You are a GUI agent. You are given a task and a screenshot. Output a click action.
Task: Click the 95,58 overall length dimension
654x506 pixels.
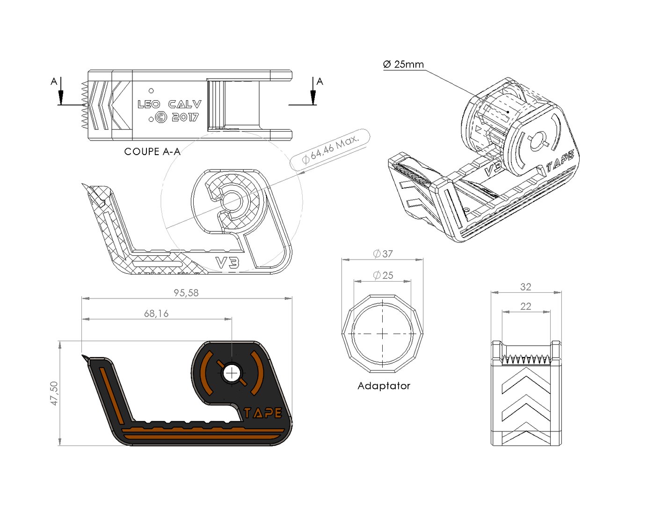[x=186, y=293]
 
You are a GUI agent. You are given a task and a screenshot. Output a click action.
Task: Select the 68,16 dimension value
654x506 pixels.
[x=156, y=313]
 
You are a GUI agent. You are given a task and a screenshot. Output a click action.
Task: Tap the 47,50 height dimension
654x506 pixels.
[x=54, y=393]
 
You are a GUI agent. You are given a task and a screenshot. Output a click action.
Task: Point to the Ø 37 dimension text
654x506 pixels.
[x=383, y=254]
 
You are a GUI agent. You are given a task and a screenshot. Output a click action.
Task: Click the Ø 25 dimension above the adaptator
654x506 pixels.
[x=383, y=275]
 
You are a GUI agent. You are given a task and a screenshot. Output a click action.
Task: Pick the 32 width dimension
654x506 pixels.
[x=526, y=287]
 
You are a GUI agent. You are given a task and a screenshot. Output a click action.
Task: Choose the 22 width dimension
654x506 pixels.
[x=526, y=306]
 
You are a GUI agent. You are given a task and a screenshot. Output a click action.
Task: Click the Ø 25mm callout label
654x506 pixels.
[x=403, y=64]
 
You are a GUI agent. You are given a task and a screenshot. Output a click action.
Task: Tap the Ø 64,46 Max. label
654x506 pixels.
[x=330, y=149]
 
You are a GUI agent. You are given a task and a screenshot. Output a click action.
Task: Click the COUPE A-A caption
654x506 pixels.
[x=152, y=151]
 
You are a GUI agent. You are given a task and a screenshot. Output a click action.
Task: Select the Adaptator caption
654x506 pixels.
[x=384, y=386]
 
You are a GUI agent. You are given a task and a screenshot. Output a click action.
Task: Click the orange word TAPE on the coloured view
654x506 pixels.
[x=263, y=413]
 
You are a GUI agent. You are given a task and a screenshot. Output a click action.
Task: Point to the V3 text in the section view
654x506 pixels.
[x=227, y=262]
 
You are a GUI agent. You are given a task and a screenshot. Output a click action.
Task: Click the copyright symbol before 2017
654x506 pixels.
[x=160, y=117]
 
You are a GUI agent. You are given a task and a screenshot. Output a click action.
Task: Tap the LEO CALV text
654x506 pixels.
[x=169, y=104]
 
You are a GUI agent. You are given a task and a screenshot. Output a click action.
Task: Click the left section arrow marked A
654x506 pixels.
[x=60, y=94]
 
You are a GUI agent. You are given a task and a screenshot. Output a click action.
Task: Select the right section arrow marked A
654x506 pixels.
[x=313, y=94]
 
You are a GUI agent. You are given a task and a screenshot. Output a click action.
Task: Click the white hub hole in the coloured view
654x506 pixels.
[x=232, y=373]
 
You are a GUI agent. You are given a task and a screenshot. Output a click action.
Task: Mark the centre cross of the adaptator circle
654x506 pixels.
[x=383, y=334]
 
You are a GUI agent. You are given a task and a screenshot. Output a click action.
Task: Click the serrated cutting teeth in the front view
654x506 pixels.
[x=526, y=359]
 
